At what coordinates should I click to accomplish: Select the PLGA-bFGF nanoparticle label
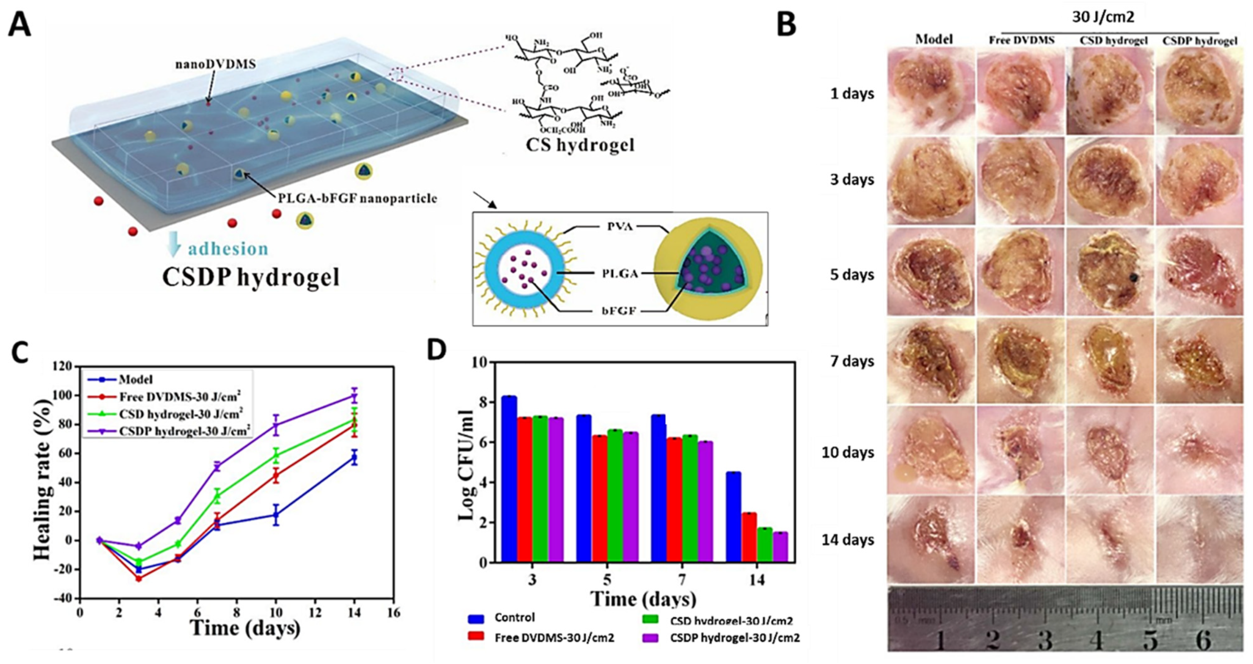(x=357, y=198)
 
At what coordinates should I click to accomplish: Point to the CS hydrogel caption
(x=580, y=144)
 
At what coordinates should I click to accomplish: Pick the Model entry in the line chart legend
(x=135, y=380)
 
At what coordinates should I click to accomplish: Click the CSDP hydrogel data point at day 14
(x=355, y=396)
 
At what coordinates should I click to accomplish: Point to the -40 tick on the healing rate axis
(x=65, y=598)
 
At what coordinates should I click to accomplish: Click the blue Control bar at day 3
(x=509, y=479)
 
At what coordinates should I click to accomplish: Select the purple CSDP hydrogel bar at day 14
(x=780, y=547)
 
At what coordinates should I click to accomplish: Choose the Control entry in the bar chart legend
(x=514, y=617)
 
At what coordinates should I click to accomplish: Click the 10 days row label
(x=848, y=452)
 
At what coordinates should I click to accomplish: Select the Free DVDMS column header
(x=1021, y=40)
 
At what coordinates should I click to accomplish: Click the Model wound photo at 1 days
(x=931, y=91)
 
